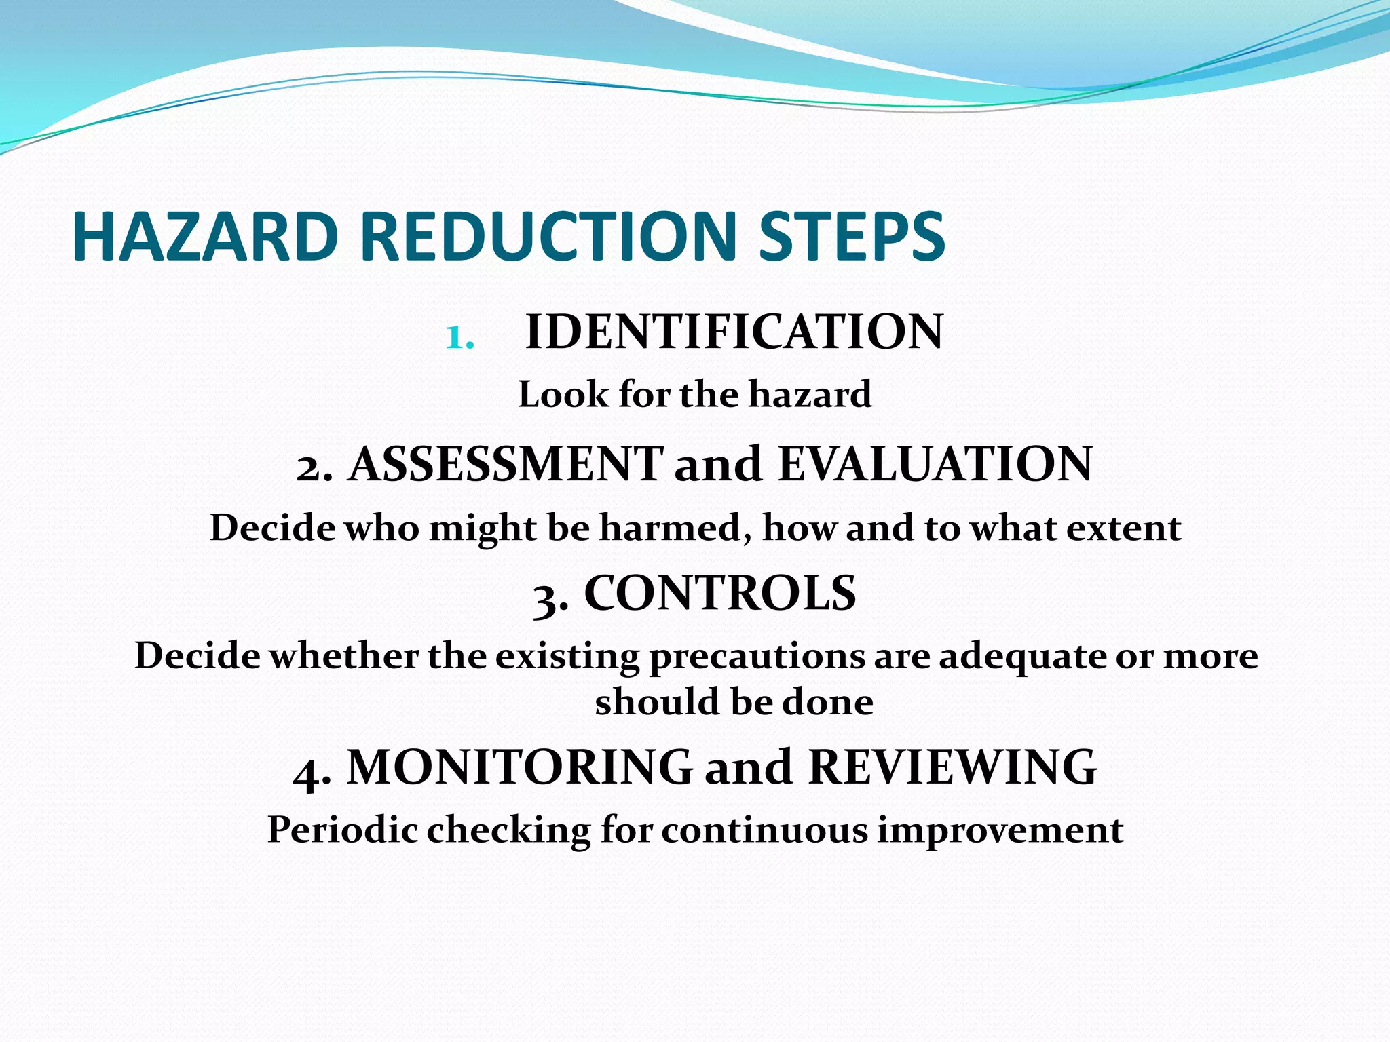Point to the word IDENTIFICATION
734,332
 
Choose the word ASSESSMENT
506,465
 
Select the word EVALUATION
935,465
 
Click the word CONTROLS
720,593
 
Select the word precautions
757,657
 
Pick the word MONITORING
520,767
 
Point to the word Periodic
342,829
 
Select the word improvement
1000,830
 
